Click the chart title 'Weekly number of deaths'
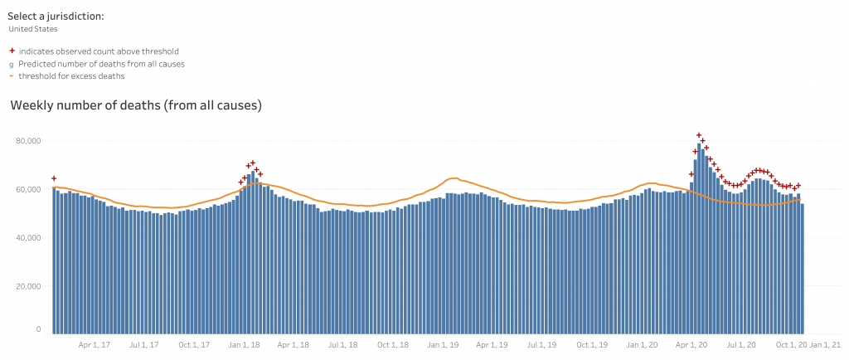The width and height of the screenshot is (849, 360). point(136,105)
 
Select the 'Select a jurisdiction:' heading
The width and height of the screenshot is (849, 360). point(56,16)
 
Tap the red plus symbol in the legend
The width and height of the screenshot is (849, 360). point(12,51)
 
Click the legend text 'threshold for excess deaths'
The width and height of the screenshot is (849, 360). point(71,76)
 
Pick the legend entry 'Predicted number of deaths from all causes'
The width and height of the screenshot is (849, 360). point(101,64)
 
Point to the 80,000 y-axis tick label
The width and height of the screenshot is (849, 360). point(28,141)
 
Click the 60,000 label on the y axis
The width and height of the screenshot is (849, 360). point(28,189)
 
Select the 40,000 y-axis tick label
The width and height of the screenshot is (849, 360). point(28,238)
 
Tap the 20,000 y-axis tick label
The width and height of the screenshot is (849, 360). point(28,286)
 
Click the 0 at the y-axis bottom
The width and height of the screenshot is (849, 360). point(37,329)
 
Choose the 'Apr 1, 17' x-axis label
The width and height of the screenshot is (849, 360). point(94,343)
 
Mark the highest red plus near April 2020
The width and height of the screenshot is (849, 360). point(699,135)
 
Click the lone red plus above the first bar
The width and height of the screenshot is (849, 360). point(54,178)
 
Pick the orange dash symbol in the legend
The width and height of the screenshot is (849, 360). point(12,76)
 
